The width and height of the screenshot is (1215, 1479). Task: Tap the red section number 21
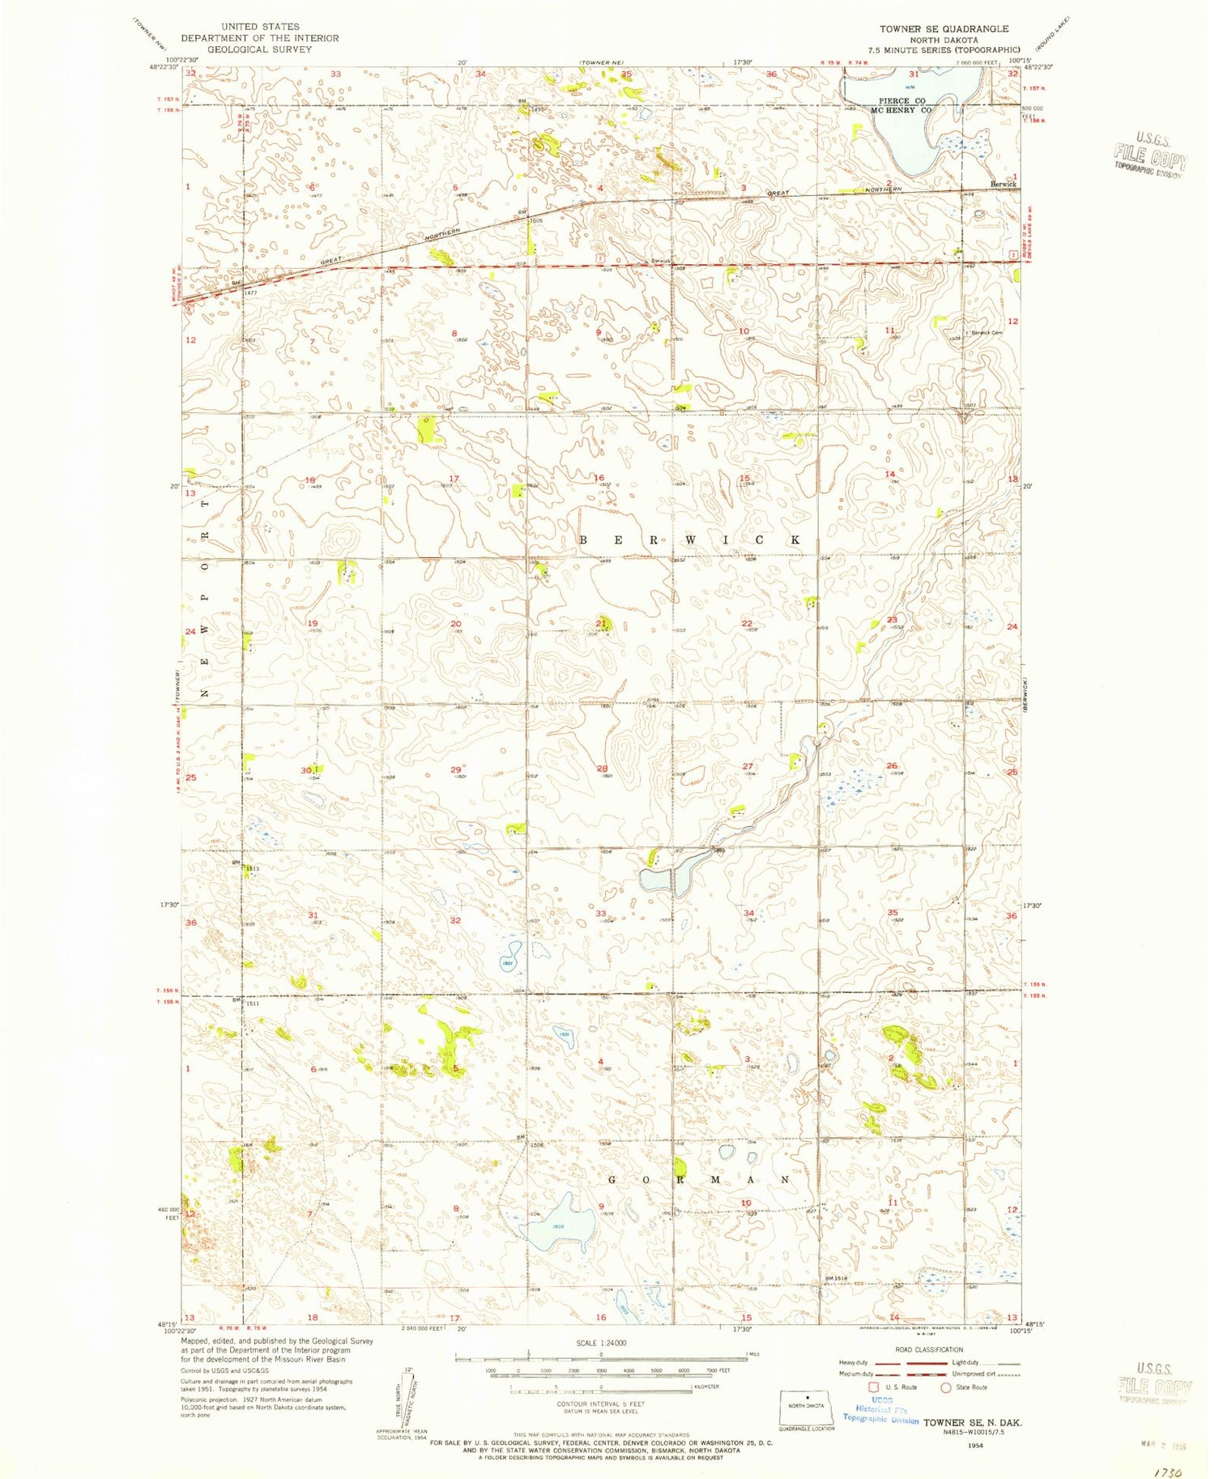[601, 623]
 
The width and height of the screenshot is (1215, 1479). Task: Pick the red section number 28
[602, 769]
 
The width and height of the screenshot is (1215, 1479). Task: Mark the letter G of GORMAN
[613, 1180]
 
